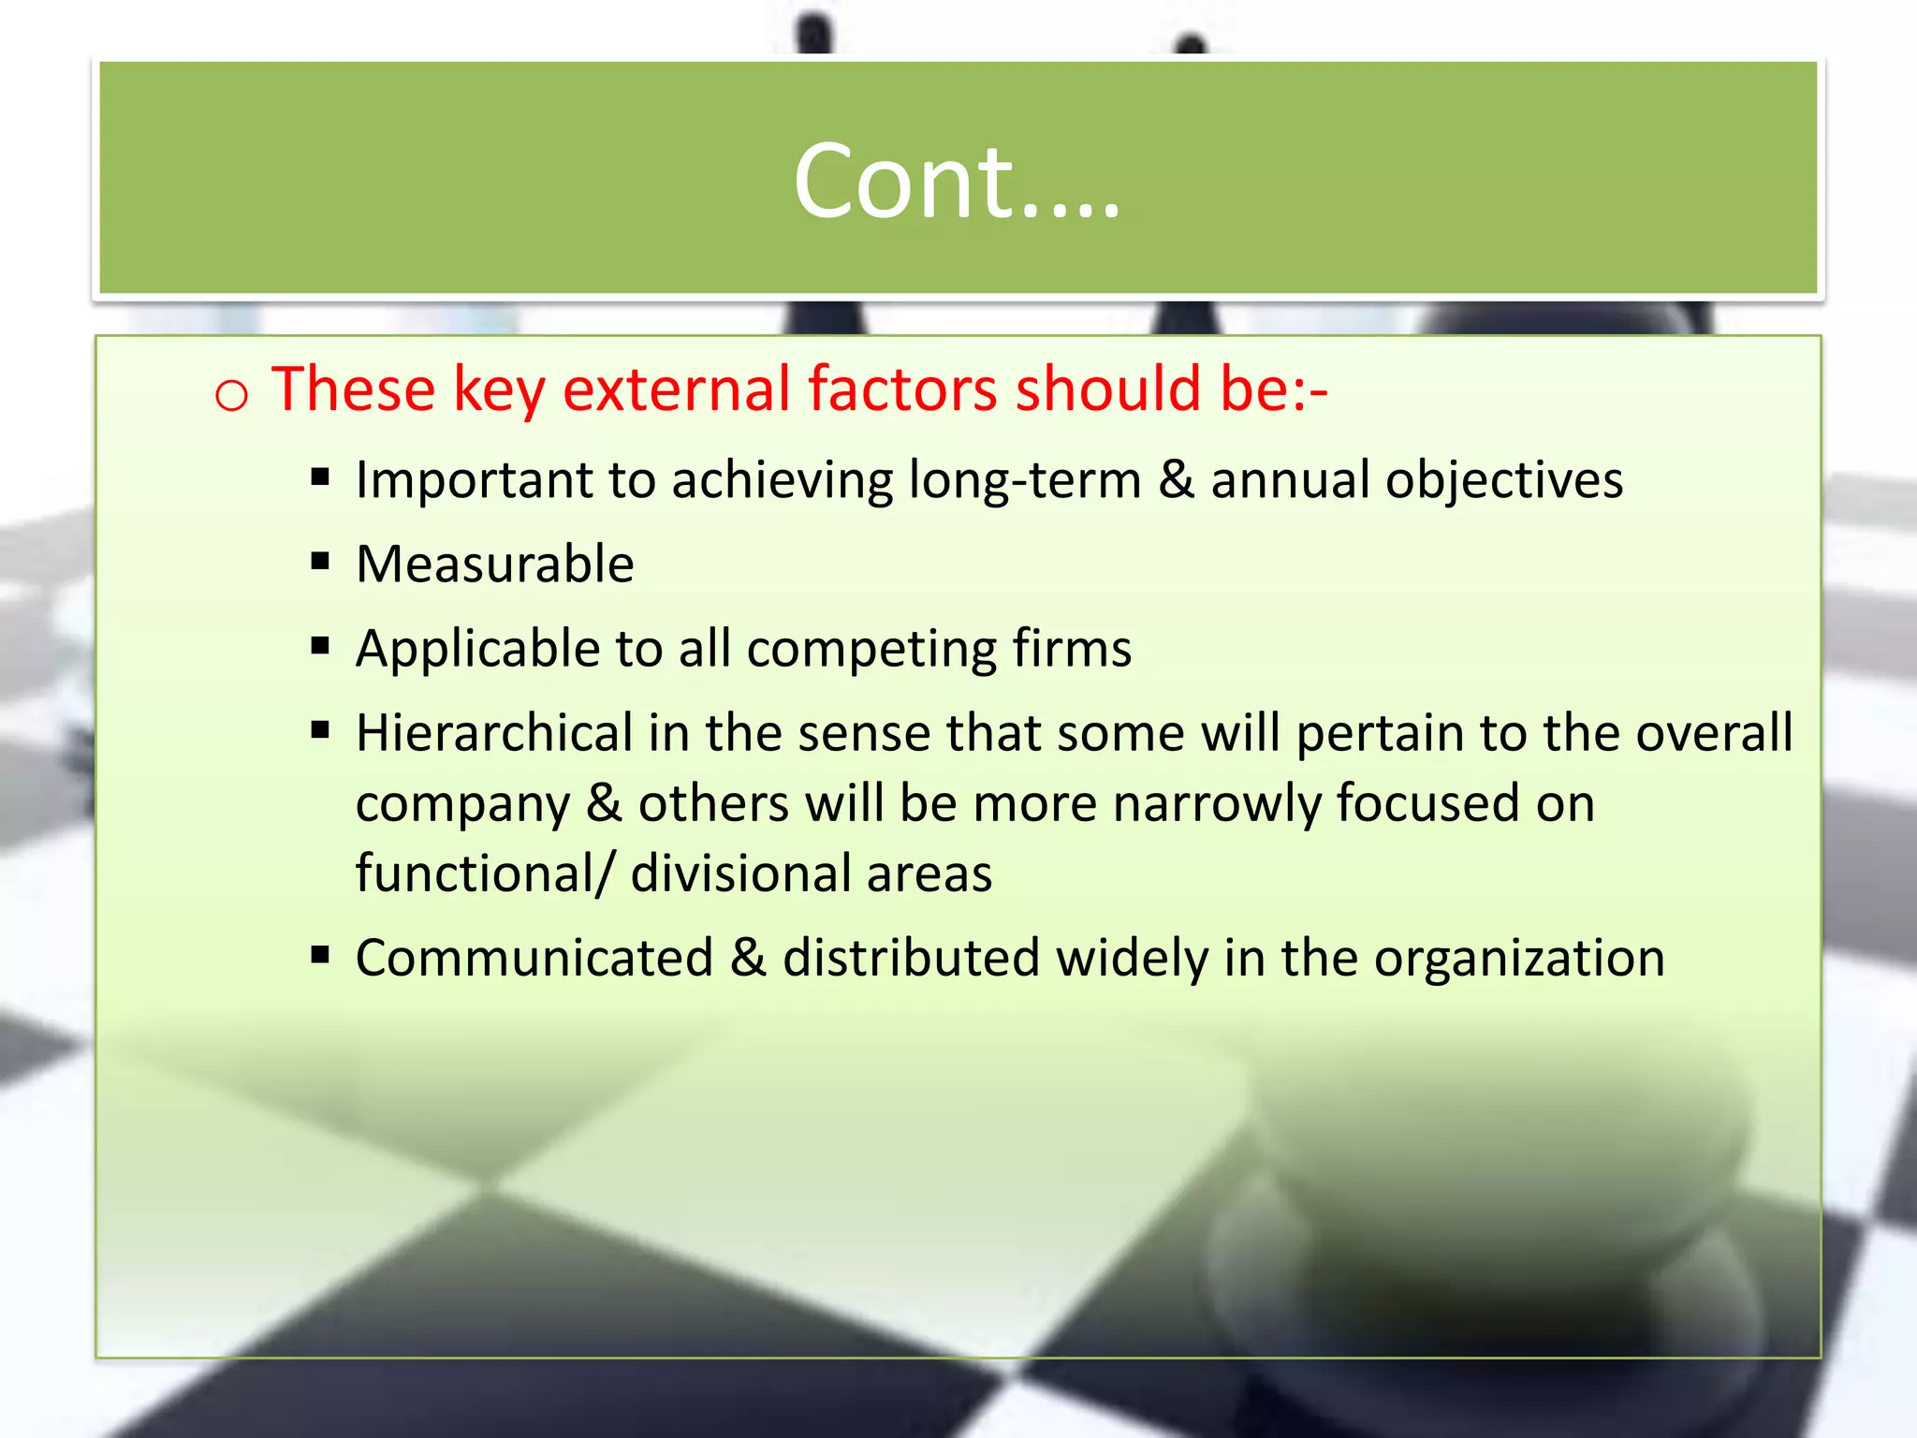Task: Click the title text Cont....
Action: tap(955, 182)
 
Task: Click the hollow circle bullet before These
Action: tap(231, 394)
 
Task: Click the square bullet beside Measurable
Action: tap(321, 562)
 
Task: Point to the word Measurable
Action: tap(494, 565)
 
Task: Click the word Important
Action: tap(474, 480)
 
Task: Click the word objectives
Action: tap(1503, 480)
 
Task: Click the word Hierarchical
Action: tap(494, 733)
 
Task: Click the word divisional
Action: tap(739, 873)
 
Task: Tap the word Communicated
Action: tap(534, 959)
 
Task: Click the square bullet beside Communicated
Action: tap(321, 956)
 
